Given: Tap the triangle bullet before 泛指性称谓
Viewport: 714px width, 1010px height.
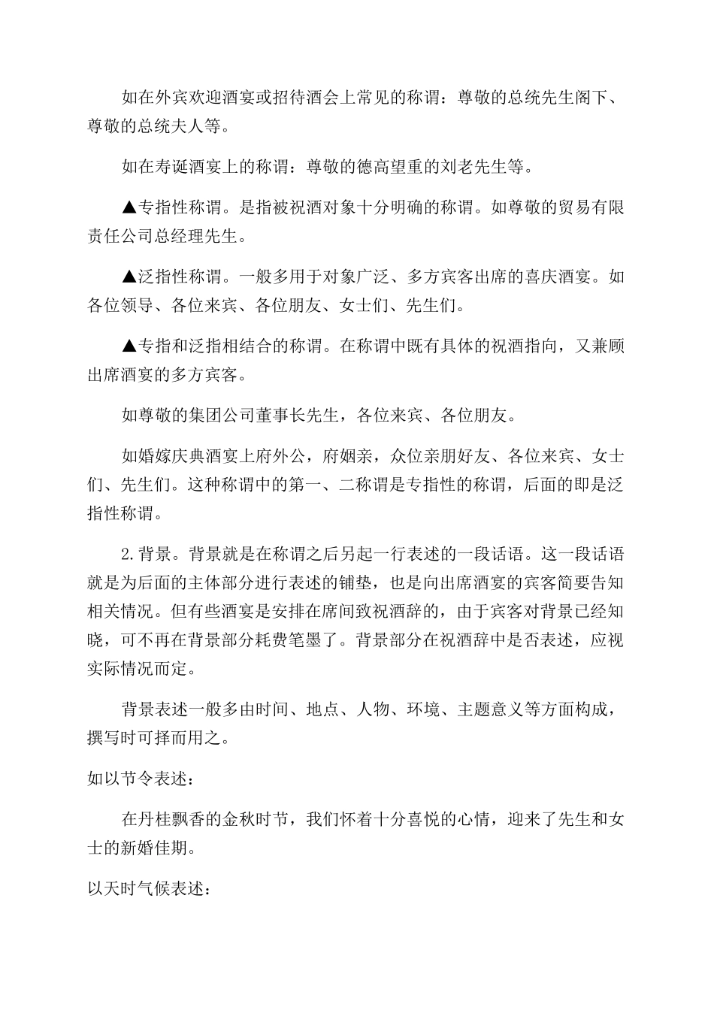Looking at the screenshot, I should coord(129,277).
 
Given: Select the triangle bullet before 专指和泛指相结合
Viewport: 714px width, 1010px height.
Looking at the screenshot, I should coord(129,346).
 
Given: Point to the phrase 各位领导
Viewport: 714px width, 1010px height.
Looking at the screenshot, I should coord(121,306).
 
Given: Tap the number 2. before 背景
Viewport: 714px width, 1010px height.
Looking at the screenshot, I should coord(129,555).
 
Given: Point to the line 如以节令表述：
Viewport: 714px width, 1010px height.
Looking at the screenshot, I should coord(138,779).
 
